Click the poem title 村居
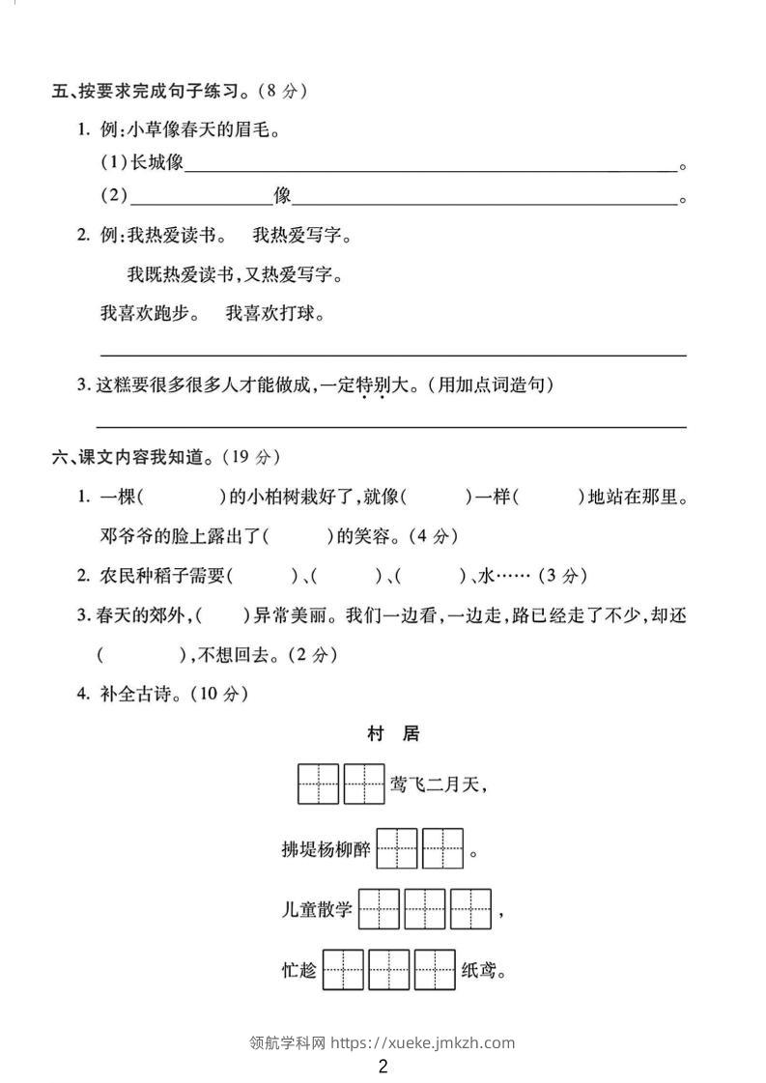tap(393, 734)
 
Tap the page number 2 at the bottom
tap(383, 1067)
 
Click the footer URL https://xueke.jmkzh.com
tap(422, 1042)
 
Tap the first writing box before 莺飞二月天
tap(318, 784)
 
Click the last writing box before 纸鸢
tap(435, 970)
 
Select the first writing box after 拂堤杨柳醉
tap(397, 849)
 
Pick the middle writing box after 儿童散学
tap(425, 909)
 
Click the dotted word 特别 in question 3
tap(373, 385)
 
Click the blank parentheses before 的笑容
tap(295, 535)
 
